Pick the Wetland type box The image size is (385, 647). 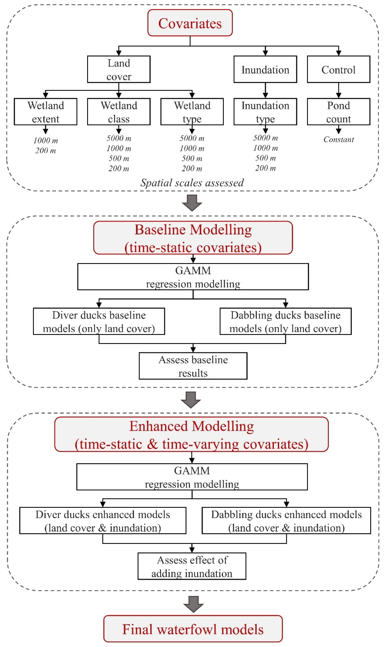[x=192, y=112]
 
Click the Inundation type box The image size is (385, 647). [x=265, y=112]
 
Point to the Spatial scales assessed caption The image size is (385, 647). [x=192, y=183]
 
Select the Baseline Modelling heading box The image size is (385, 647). [x=193, y=238]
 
